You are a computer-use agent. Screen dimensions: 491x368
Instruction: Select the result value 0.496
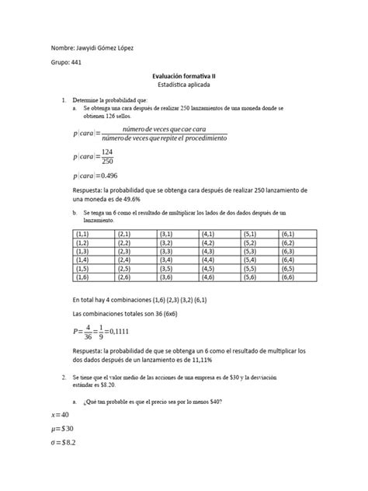coord(113,176)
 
